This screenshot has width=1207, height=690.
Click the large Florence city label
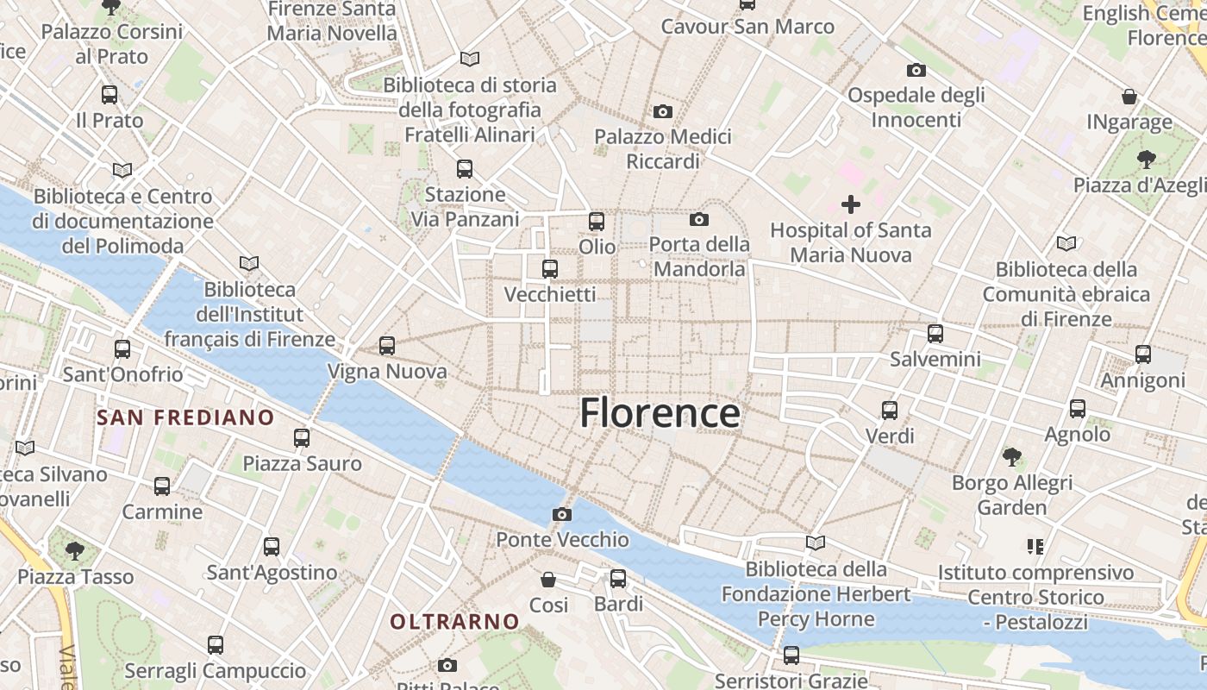click(660, 413)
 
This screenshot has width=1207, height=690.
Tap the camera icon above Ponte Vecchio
click(562, 515)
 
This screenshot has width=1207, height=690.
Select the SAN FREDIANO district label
click(185, 418)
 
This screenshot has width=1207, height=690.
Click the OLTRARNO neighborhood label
click(454, 622)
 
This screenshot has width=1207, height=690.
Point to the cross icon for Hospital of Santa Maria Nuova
click(851, 204)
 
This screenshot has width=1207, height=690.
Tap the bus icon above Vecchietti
click(550, 269)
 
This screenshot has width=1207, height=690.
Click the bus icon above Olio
click(597, 222)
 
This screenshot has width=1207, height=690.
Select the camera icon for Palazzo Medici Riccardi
click(663, 111)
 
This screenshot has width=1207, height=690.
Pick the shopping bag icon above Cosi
click(548, 579)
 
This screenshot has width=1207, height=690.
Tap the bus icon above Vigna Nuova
click(387, 346)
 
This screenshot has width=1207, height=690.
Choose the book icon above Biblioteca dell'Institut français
click(249, 263)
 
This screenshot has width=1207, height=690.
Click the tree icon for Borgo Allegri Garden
click(1012, 456)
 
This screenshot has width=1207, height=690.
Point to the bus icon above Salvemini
click(935, 334)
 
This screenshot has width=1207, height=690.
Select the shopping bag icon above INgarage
click(1129, 97)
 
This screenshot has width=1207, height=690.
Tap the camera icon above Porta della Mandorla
click(699, 220)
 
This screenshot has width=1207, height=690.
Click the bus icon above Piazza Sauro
click(302, 438)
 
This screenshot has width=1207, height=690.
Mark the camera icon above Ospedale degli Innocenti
click(916, 70)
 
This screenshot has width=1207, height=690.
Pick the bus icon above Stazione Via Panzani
click(465, 169)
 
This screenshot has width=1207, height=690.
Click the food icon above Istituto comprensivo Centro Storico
click(1035, 546)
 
